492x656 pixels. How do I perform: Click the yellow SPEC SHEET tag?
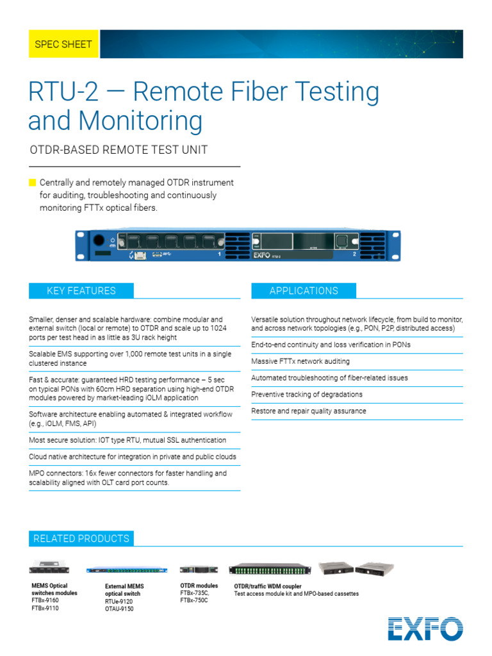(x=63, y=44)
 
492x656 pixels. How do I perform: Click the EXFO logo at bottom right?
(x=425, y=628)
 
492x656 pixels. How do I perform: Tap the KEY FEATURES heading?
(x=81, y=291)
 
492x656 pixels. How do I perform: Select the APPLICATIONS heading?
(x=304, y=291)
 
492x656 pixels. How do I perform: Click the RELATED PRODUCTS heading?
(x=81, y=539)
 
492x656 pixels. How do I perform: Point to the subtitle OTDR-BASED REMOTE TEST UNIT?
(x=119, y=150)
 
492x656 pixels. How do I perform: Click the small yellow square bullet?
(x=33, y=183)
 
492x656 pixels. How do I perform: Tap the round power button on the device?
(x=99, y=242)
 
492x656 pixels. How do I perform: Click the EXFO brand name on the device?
(x=261, y=254)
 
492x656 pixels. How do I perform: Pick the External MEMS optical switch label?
(x=124, y=590)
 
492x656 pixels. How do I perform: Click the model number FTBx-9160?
(x=45, y=601)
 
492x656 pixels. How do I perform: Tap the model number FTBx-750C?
(x=194, y=601)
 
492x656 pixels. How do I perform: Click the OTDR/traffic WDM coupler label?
(x=268, y=586)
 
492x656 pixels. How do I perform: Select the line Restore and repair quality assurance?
(x=309, y=411)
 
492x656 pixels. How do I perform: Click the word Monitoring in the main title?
(x=115, y=120)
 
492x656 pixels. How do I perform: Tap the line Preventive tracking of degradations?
(x=307, y=395)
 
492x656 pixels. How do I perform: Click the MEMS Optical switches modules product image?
(x=54, y=567)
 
